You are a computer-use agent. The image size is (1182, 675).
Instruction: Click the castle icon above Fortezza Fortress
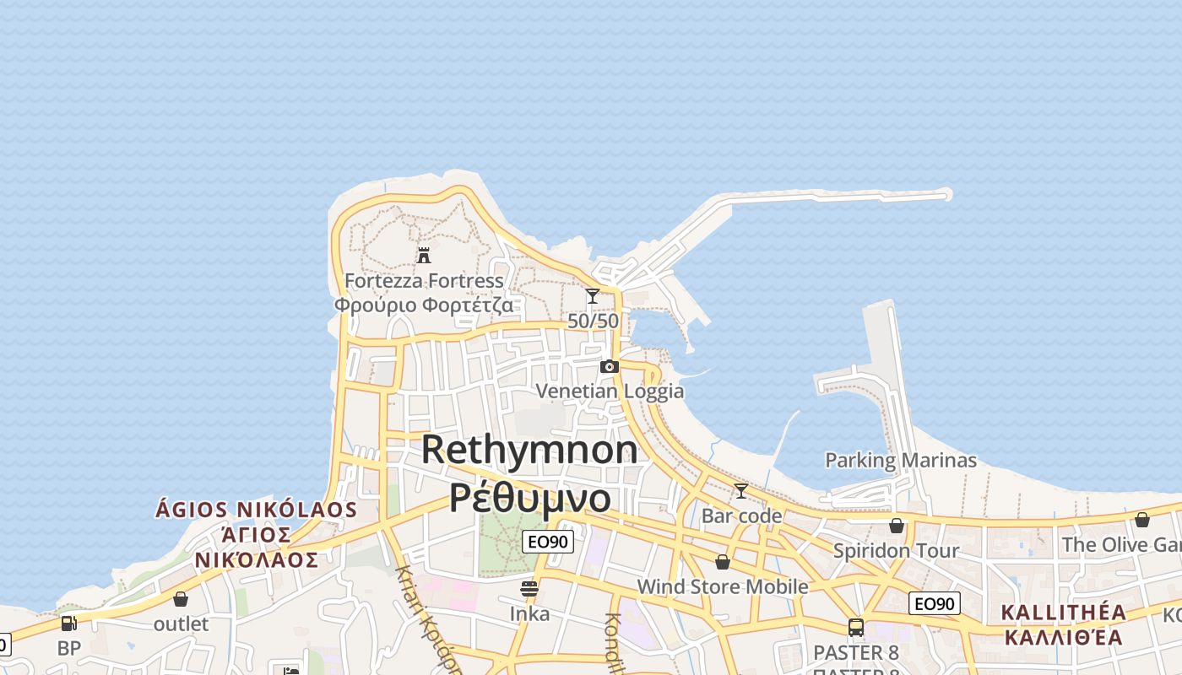point(424,255)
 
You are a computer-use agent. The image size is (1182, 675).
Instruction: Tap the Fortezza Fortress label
point(424,280)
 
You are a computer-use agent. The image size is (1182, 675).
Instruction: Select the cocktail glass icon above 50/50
point(593,296)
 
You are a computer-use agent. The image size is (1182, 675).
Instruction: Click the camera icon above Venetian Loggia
point(609,366)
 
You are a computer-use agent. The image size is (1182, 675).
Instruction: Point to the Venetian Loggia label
point(610,391)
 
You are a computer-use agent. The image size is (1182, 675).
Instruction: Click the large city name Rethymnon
point(529,449)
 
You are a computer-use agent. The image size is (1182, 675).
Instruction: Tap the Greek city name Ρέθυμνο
point(529,497)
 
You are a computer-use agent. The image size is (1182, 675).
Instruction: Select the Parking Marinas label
point(900,461)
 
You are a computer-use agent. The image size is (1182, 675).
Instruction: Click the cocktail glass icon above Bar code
point(741,491)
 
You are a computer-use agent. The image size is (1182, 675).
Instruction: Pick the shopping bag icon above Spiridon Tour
point(897,526)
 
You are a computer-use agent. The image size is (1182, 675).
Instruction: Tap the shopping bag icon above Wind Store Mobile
point(722,562)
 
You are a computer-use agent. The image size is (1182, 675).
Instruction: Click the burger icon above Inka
point(529,589)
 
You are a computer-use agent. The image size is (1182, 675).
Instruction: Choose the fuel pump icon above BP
point(69,624)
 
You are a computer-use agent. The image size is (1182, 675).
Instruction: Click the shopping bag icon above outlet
point(181,599)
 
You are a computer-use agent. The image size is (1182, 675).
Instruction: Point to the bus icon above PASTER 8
point(856,628)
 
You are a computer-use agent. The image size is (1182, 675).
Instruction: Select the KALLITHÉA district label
point(1064,613)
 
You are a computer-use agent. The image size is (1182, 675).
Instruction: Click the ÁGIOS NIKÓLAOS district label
point(257,510)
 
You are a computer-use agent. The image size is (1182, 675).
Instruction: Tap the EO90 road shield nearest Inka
point(548,542)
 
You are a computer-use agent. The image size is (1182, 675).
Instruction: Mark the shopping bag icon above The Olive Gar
point(1141,520)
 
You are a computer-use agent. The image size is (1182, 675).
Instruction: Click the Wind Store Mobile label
point(722,586)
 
